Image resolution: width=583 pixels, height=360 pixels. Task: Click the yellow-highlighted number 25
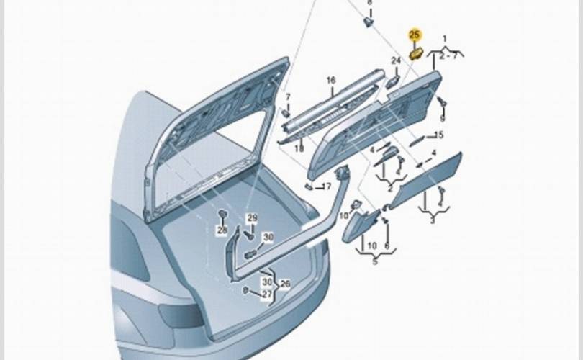coord(415,35)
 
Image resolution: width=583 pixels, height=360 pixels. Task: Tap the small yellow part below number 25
coord(415,53)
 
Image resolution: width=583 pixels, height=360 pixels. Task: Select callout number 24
coord(396,60)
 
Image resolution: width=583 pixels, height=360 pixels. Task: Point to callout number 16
coord(331,80)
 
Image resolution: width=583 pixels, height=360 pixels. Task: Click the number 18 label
coord(299,148)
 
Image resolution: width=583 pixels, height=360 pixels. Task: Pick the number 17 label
coord(326,186)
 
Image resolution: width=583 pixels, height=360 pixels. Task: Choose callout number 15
coord(439,135)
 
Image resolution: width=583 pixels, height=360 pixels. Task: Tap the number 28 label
coord(222,230)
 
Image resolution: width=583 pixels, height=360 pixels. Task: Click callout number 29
coord(253,218)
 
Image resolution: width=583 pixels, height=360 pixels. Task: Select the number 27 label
coord(266,294)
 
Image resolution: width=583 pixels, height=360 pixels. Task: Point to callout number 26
coord(285,284)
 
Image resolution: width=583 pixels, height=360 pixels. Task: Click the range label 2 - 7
coord(448,56)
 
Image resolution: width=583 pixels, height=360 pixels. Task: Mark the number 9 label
coord(443,119)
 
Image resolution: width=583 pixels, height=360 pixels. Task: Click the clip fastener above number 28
coord(222,214)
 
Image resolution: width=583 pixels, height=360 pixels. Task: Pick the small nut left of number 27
coord(245,290)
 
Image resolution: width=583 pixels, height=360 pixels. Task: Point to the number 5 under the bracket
coord(375,261)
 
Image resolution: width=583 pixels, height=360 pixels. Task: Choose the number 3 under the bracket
coord(433,220)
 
